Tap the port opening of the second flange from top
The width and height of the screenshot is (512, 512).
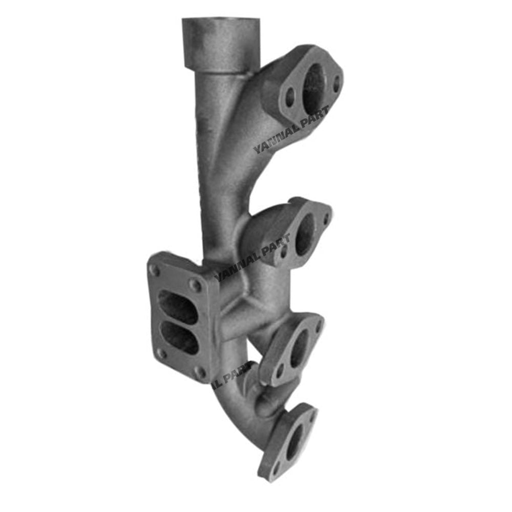coord(306,234)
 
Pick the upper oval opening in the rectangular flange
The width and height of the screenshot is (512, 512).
coord(178,306)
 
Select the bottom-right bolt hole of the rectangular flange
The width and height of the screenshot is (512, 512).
coord(201,372)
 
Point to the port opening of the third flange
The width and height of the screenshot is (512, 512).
coord(300,348)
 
